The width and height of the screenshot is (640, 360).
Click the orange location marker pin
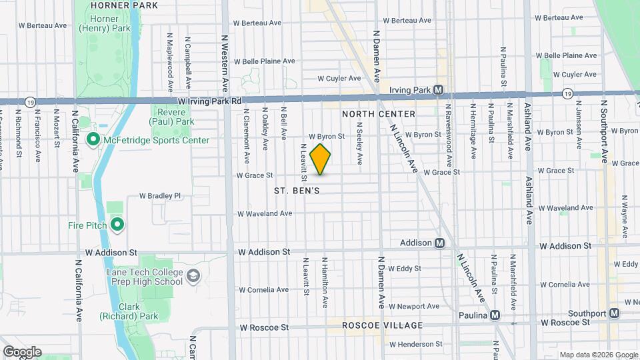321,159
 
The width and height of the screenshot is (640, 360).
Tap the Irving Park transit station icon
439,89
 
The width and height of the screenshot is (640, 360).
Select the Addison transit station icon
439,243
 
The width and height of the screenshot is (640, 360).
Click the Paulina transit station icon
494,315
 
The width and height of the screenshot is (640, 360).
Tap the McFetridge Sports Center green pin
93,139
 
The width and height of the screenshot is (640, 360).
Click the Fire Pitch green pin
117,225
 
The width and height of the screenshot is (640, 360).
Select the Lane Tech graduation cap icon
193,276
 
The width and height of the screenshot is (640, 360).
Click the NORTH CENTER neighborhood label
379,114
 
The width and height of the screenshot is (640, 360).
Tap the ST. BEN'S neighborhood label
297,191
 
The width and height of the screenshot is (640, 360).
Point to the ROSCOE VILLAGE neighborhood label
382,325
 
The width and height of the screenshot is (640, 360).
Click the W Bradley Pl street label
159,196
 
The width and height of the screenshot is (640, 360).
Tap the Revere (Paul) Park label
172,117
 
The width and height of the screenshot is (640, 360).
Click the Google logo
22,352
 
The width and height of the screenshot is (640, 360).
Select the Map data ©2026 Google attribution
598,355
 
